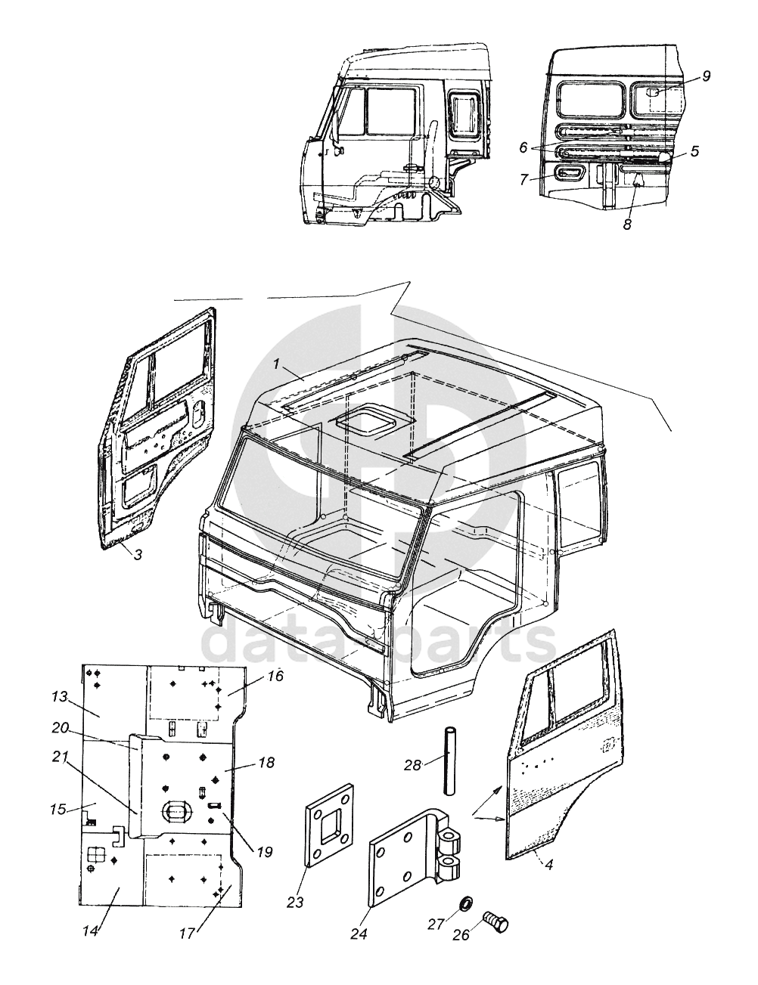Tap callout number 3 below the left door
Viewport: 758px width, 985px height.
click(x=138, y=554)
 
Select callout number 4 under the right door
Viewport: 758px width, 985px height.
click(x=549, y=864)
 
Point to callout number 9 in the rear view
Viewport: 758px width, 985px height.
click(x=706, y=76)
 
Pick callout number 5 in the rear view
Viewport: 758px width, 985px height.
click(x=694, y=151)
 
